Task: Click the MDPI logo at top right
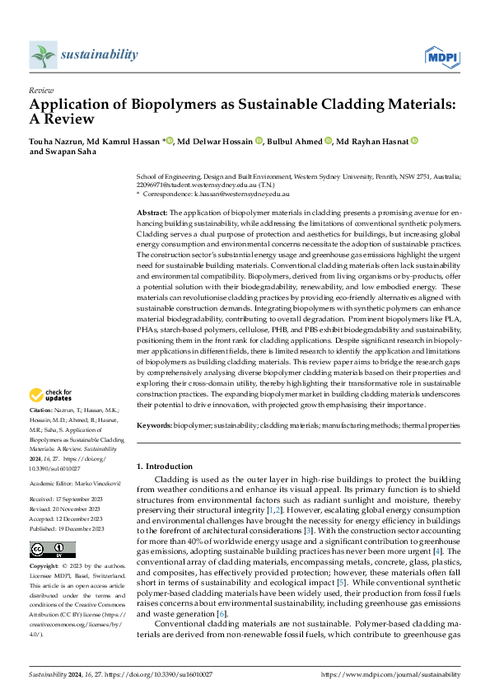pos(442,56)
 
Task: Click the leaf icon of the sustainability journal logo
pos(42,56)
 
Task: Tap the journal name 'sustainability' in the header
pos(99,54)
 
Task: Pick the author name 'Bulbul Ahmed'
pos(294,141)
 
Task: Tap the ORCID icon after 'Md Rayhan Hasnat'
pos(414,141)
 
